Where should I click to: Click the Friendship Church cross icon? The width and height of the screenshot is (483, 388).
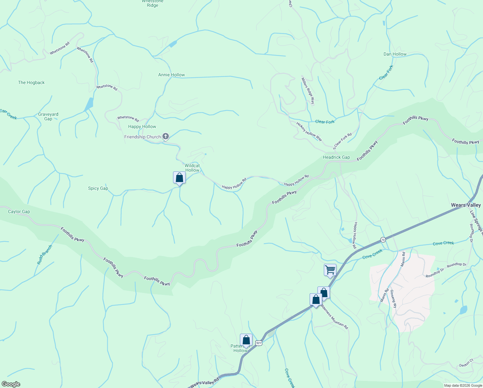tap(165, 137)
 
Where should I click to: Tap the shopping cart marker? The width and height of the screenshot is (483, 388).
tap(330, 270)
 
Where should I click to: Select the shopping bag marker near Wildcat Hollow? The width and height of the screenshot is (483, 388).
tap(179, 178)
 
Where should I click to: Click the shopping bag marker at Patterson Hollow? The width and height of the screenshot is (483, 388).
tap(246, 340)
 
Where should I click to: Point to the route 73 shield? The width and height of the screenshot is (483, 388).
tap(383, 240)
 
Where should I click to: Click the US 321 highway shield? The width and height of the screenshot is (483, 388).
tap(258, 343)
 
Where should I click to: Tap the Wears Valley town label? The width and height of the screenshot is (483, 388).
tap(466, 205)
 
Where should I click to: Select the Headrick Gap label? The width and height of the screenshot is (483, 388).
tap(336, 157)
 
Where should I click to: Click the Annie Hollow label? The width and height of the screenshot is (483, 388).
tap(171, 75)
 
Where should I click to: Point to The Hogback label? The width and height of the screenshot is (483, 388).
tap(31, 82)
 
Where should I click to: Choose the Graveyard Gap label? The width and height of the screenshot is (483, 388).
tap(48, 116)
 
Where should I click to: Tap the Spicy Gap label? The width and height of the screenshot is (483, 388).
tap(98, 188)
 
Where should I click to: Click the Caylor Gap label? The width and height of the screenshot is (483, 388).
tap(19, 212)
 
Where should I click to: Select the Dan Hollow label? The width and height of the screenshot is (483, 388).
tap(395, 54)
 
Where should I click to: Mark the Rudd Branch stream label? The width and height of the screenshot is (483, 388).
tap(45, 255)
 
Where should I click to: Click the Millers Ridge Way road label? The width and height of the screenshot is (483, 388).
tap(308, 91)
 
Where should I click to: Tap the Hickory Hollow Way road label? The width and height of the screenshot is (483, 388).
tap(309, 131)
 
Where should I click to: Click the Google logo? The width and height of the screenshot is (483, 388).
tap(11, 384)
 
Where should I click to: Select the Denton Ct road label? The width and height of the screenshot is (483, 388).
tap(466, 363)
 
